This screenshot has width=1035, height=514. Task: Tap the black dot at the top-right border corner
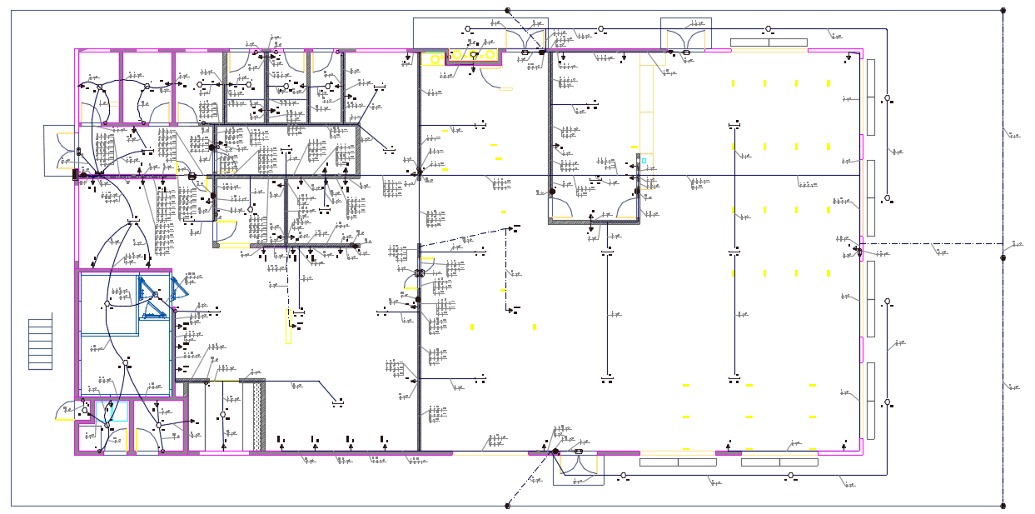coord(1003,10)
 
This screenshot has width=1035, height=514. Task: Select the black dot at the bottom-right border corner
coord(1003,505)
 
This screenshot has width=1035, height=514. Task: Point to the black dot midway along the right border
coord(1003,258)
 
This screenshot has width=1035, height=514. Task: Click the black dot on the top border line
coord(508,10)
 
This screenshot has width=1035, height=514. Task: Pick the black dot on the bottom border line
coord(508,505)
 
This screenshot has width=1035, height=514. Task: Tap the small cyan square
coord(644,160)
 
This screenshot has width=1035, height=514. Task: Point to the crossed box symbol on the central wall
coord(419,272)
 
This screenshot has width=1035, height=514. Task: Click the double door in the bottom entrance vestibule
coord(579,464)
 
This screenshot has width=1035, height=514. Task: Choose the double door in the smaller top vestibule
coord(686,35)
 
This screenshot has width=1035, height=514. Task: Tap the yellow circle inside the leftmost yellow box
coord(435,58)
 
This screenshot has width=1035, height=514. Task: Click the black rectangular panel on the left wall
coord(75,175)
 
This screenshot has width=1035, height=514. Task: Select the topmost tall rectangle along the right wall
coord(870,97)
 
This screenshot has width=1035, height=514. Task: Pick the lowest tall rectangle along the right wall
coord(870,401)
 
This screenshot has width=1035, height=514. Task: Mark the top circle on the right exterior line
coord(887,98)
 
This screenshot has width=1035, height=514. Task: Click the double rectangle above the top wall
coord(769,42)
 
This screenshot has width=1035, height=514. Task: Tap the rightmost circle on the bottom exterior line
coord(791,476)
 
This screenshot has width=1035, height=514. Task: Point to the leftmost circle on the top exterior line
coord(467,29)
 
